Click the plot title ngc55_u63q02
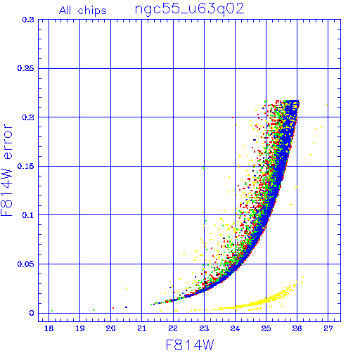click(x=189, y=9)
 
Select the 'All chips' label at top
click(x=83, y=11)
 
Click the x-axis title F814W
click(x=190, y=345)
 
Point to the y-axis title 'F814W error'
click(x=6, y=169)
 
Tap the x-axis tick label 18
click(x=49, y=328)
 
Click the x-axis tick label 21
click(x=142, y=328)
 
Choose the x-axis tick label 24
click(x=235, y=328)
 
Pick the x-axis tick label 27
click(x=328, y=328)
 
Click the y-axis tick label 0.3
click(x=28, y=20)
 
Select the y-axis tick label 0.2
click(x=28, y=117)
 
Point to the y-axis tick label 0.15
click(x=26, y=166)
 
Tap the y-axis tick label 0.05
click(x=26, y=264)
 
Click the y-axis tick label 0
click(x=32, y=313)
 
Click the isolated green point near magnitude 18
click(x=52, y=311)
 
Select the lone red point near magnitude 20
click(x=113, y=308)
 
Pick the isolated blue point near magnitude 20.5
click(x=126, y=307)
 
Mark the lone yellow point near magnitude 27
click(x=327, y=105)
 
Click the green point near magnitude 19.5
click(x=94, y=310)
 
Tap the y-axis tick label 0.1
click(x=28, y=215)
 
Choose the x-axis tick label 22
click(x=173, y=328)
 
